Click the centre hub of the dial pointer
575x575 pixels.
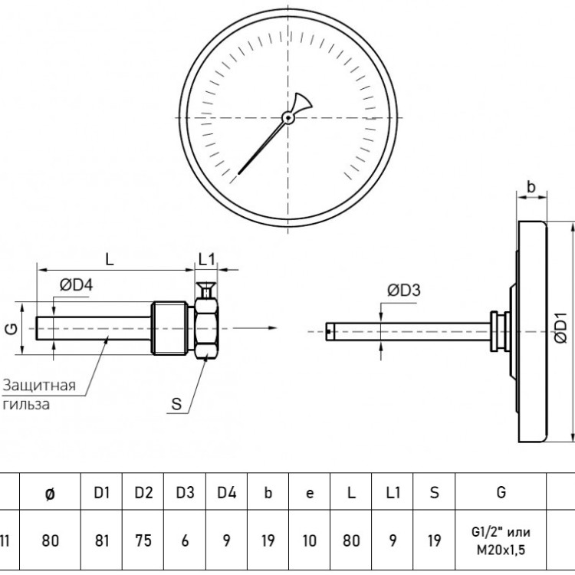point(288,118)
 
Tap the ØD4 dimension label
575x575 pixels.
point(76,285)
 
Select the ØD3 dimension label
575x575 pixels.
point(404,291)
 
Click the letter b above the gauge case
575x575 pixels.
point(531,186)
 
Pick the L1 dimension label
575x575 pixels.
point(206,260)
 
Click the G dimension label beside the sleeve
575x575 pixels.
point(11,329)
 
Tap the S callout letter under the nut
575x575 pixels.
point(176,404)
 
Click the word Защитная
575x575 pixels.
point(39,386)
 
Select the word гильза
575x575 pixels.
point(25,405)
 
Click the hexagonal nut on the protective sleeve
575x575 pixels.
point(206,329)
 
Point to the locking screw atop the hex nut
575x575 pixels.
point(206,291)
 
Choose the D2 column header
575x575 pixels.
point(143,492)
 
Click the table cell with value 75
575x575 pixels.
point(143,540)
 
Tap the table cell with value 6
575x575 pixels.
point(185,540)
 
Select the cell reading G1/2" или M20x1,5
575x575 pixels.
point(501,540)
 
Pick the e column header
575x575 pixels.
point(310,493)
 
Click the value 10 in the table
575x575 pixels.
point(310,540)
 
